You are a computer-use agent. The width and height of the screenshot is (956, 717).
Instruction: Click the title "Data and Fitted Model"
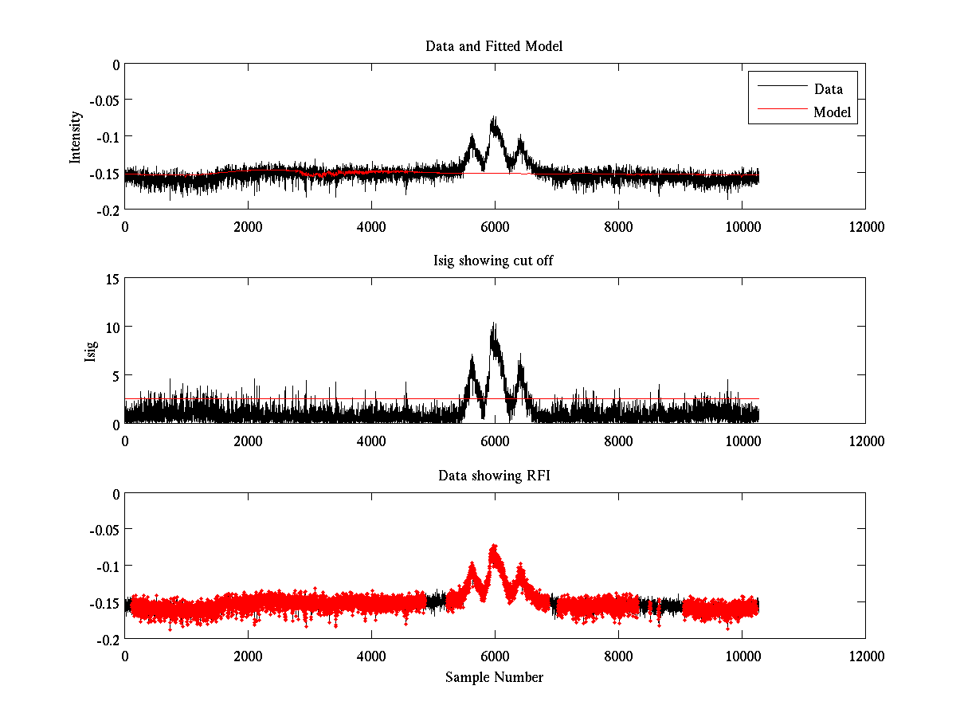[494, 46]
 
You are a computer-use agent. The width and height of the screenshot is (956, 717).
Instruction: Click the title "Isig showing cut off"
[494, 261]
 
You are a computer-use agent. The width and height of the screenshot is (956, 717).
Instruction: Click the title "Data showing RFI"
[494, 476]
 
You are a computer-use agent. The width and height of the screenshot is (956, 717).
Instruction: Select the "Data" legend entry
[828, 89]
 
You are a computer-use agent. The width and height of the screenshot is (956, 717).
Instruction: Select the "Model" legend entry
[832, 112]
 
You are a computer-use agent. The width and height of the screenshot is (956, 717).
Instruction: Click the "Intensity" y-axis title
[76, 136]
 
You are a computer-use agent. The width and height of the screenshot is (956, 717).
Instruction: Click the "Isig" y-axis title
[91, 351]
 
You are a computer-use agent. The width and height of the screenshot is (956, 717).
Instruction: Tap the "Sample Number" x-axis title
[494, 677]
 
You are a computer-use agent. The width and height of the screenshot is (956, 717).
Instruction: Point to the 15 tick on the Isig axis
[112, 279]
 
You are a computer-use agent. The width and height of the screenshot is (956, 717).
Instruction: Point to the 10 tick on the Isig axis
[112, 327]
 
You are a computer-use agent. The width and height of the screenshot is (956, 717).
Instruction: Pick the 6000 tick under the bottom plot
[495, 655]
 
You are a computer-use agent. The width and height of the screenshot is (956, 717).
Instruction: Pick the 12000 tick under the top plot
[865, 226]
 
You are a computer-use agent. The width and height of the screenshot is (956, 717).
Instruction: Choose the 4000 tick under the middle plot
[371, 441]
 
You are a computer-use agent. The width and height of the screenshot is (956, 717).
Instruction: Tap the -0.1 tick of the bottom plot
[105, 566]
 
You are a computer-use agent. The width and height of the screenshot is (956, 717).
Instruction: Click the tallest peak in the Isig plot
[495, 323]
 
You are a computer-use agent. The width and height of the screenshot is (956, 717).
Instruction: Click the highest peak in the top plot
[494, 118]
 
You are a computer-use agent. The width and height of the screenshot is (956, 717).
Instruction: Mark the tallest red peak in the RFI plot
[495, 547]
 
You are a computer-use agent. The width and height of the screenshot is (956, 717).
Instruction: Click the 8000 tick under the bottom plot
[618, 655]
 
